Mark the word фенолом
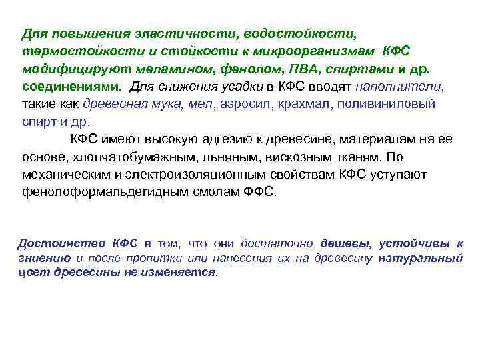pos(230,69)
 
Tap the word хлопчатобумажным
pos(143,157)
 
